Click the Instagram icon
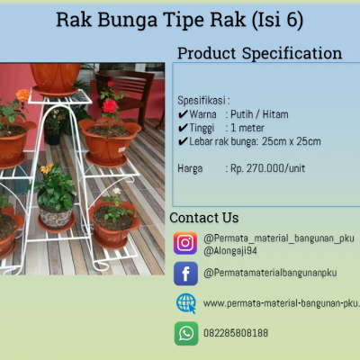click(x=185, y=243)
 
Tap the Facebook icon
click(x=185, y=274)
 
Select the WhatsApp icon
click(x=186, y=334)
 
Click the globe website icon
click(x=186, y=303)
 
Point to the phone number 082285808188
click(x=236, y=333)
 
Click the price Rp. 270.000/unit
click(x=267, y=168)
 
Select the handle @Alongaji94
click(x=230, y=251)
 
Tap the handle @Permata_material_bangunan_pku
click(x=279, y=238)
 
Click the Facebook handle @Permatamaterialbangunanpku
click(x=270, y=273)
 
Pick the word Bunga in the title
click(x=128, y=20)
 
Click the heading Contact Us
click(x=204, y=218)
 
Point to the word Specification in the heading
click(x=292, y=53)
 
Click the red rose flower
click(x=110, y=106)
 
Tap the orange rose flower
click(x=22, y=95)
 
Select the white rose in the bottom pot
click(x=117, y=191)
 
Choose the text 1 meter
click(x=247, y=128)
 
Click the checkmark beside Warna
click(x=183, y=114)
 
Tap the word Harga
click(x=190, y=168)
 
